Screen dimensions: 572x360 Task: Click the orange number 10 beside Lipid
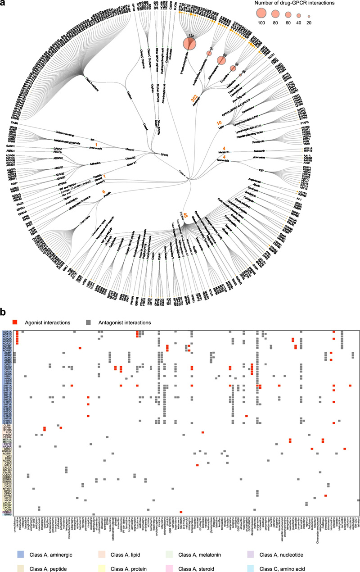pos(219,122)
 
